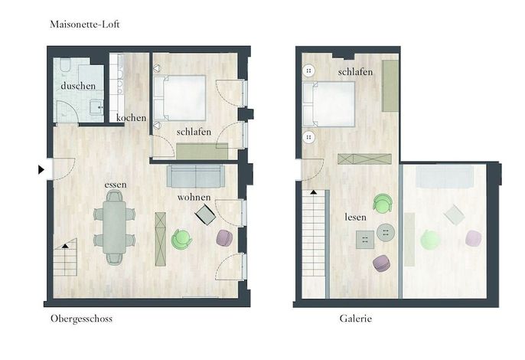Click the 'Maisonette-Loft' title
coord(85,25)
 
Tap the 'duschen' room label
coord(78,86)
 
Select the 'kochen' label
coord(132,118)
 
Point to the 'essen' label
coord(116,185)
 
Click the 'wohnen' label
coord(194,197)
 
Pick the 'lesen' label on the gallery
coord(356,218)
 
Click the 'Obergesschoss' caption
coord(81,319)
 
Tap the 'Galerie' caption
coord(356,318)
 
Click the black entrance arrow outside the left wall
coord(41,169)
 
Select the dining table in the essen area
coord(115,227)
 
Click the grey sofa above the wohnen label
coord(196,176)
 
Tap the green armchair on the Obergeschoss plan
coord(181,239)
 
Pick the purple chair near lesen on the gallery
coord(381,263)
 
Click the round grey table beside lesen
coord(386,232)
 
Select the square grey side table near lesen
coord(365,240)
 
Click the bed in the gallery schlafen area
coord(328,104)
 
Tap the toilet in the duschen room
coord(65,65)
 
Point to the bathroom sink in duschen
coord(98,107)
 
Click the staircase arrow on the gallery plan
coord(314,192)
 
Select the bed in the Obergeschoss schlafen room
coord(179,98)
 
